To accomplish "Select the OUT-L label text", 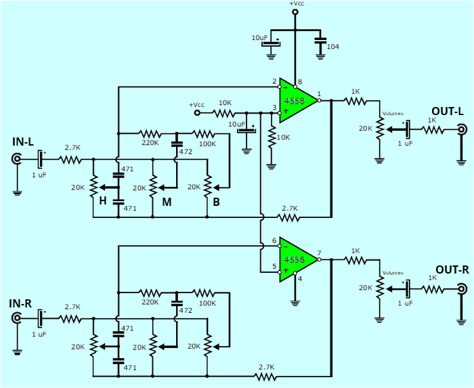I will tap(447, 111).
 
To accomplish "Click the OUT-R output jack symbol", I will tap(462, 290).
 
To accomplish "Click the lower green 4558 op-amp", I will tap(297, 259).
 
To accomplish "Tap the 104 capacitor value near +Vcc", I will tap(333, 47).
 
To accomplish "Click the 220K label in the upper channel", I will tap(150, 143).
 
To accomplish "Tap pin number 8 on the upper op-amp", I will tap(299, 81).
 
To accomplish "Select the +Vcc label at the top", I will tap(296, 4).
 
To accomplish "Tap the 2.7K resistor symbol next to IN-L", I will tap(70, 160).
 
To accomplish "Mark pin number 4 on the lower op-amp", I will tap(300, 278).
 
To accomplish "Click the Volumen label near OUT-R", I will tap(393, 274).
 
